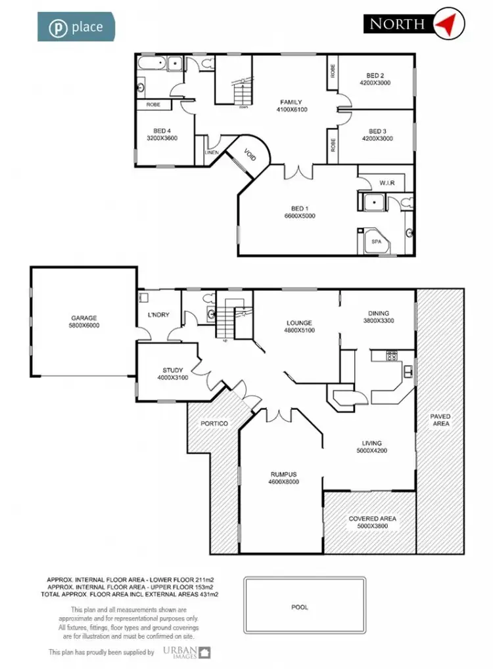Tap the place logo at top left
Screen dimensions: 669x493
point(76,27)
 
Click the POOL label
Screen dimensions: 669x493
point(300,607)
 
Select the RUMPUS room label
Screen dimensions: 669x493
point(284,477)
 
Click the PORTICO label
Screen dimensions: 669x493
point(214,423)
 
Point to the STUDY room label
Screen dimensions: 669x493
point(173,374)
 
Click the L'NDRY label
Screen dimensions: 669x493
point(160,314)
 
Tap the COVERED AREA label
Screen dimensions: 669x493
point(372,522)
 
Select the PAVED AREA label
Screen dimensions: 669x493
point(440,421)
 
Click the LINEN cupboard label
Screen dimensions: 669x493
point(212,152)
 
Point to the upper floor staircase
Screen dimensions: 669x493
point(243,89)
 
